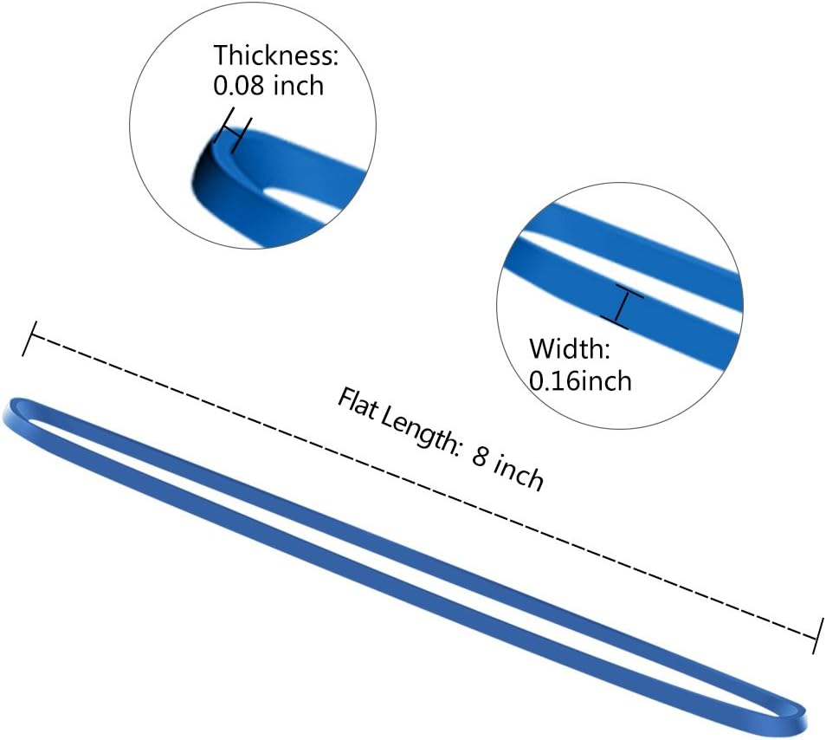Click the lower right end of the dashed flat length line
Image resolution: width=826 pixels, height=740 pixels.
tap(817, 637)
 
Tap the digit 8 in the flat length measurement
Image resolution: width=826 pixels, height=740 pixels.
tap(480, 456)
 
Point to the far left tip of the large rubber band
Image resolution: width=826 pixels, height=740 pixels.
tap(3, 414)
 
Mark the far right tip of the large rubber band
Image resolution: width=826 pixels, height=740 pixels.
tap(807, 720)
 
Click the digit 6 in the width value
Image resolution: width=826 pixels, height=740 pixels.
tap(565, 381)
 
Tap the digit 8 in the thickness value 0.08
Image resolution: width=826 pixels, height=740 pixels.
tap(259, 86)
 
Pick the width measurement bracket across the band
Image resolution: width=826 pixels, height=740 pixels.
tap(623, 308)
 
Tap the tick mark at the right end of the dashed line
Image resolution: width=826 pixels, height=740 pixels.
tap(818, 637)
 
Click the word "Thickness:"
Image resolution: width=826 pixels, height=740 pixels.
tap(275, 55)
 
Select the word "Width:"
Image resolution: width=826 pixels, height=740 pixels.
tap(570, 348)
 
